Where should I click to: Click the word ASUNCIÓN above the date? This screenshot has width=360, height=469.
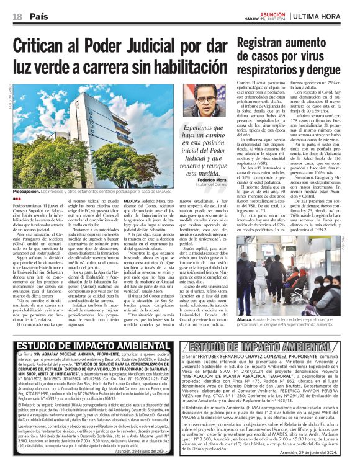tap(271, 12)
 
